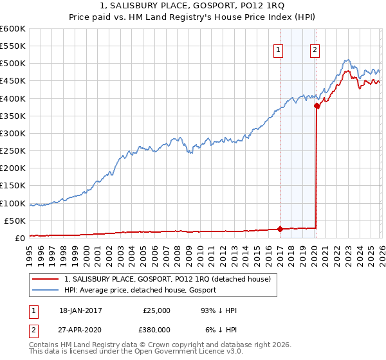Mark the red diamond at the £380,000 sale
pos(317,106)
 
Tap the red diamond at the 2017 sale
pos(280,229)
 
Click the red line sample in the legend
pos(46,278)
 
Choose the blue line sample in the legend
pos(46,290)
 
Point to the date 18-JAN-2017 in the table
pos(80,310)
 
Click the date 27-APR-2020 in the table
pos(80,328)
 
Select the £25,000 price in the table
pos(156,310)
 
